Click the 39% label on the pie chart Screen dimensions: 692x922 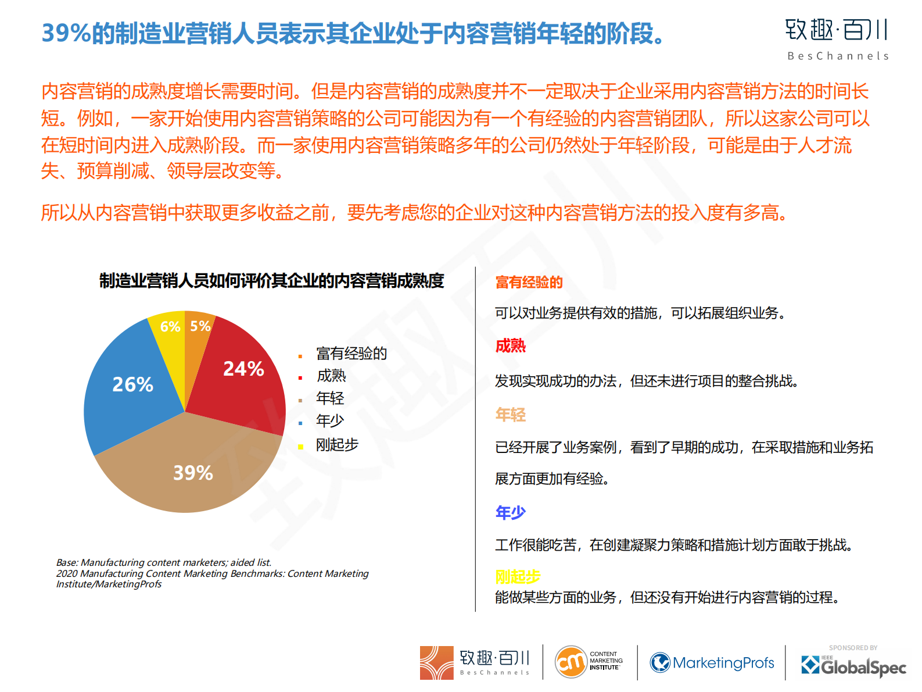point(193,473)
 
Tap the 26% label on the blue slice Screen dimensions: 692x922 point(132,384)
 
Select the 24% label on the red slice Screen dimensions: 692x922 point(243,369)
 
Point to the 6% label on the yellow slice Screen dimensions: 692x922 point(170,327)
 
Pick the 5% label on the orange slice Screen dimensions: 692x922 point(200,326)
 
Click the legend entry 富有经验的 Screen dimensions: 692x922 point(351,354)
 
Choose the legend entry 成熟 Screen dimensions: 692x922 point(331,376)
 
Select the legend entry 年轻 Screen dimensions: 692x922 point(330,398)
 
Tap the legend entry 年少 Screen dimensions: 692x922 point(330,420)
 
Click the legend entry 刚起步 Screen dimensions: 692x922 point(337,445)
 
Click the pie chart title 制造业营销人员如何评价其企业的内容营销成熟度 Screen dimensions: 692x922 point(271,281)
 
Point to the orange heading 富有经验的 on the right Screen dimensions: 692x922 point(529,283)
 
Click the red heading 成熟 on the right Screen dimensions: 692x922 point(510,346)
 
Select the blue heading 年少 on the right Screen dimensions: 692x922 point(510,512)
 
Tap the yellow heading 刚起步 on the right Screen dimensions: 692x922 point(518,576)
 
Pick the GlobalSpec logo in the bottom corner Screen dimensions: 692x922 point(853,666)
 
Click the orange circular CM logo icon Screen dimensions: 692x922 point(571,662)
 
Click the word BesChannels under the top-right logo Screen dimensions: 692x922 point(838,56)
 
